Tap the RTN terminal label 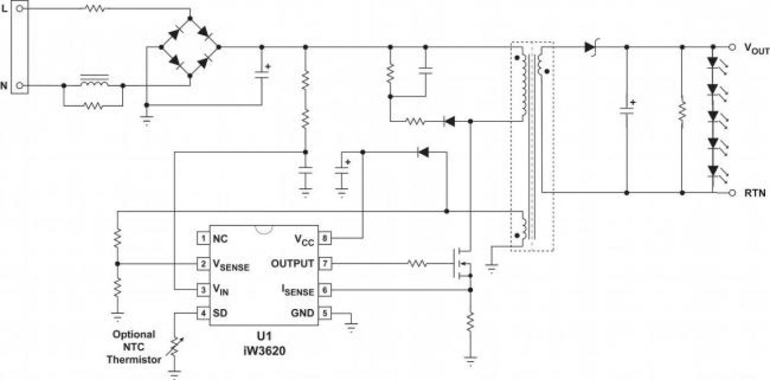755,193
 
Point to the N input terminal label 6,86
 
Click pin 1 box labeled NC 202,238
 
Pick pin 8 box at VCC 326,238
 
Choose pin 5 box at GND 326,313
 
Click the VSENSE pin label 231,265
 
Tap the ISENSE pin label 299,290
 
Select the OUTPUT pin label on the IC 292,264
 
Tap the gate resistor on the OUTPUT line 417,264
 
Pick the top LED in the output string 712,63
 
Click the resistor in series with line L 94,9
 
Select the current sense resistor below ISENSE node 470,322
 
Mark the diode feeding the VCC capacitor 422,152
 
